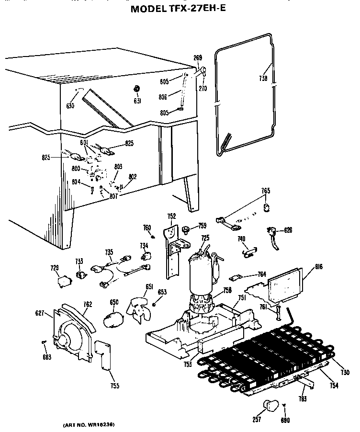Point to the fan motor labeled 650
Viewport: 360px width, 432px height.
point(113,319)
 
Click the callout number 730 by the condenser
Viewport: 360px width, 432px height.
point(345,372)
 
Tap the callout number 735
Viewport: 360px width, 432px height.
point(109,252)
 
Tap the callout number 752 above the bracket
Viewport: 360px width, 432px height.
point(171,216)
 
